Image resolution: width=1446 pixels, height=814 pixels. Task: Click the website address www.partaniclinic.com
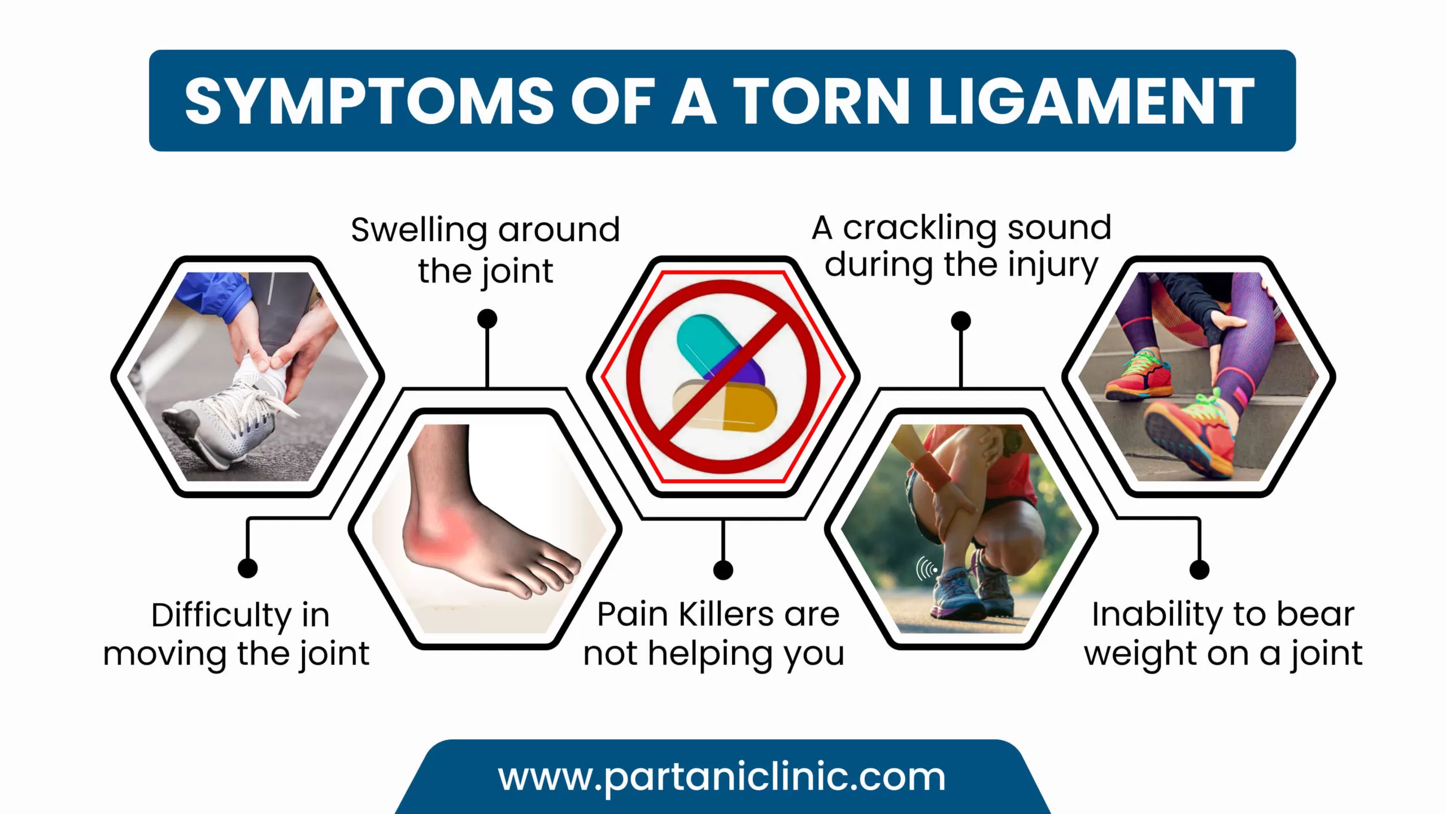point(721,777)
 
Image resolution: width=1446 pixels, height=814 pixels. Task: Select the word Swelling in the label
point(419,231)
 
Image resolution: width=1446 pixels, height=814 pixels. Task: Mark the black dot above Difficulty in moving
point(247,568)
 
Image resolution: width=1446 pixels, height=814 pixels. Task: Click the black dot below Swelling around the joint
point(487,319)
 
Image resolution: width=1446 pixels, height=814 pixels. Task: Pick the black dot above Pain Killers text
point(723,570)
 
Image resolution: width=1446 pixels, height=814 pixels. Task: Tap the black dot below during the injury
point(961,321)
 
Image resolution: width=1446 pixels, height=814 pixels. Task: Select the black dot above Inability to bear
point(1199,569)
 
